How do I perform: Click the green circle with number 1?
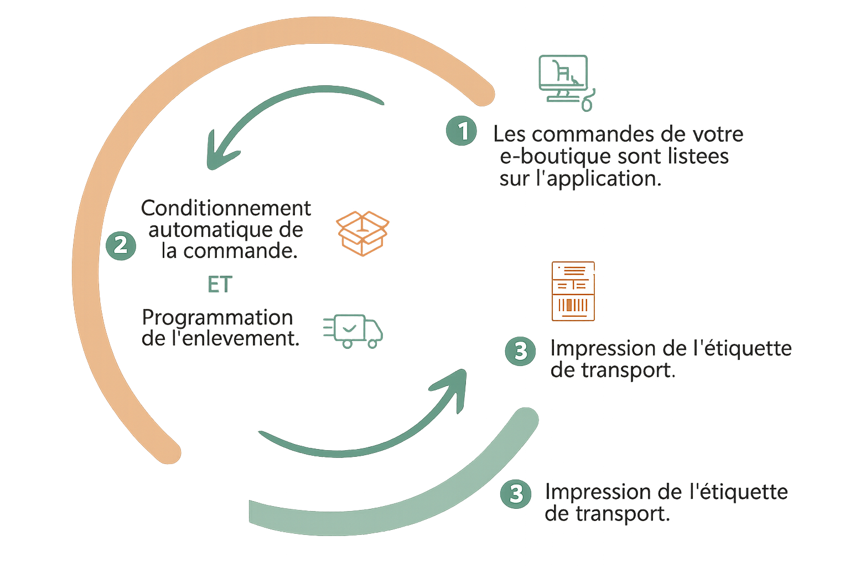(462, 131)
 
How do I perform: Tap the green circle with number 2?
(121, 246)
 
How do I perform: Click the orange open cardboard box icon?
(363, 233)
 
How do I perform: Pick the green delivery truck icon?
(353, 331)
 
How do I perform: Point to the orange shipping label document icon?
(573, 291)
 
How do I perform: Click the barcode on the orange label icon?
(573, 305)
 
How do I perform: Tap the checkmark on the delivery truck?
(349, 328)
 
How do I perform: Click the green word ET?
(220, 285)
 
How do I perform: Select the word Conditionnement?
(226, 208)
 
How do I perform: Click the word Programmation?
(217, 317)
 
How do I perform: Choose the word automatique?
(210, 230)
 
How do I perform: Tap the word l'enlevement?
(236, 338)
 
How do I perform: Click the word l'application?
(599, 178)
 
